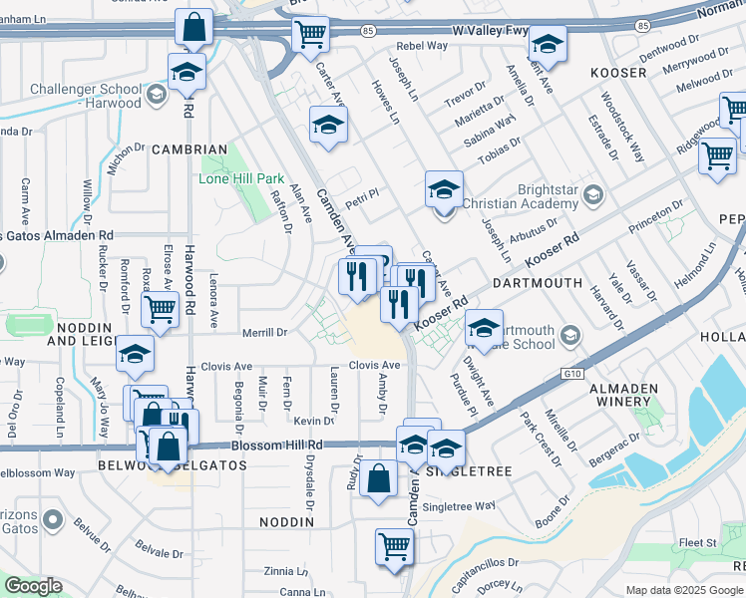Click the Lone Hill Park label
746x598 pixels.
tap(241, 178)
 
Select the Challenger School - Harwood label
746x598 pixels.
tap(85, 96)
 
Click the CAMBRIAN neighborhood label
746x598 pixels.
tap(189, 149)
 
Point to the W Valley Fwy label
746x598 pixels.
tap(490, 31)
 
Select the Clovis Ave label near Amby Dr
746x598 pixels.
tap(374, 366)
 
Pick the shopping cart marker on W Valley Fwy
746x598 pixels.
tap(310, 33)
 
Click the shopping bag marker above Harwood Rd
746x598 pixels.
tap(193, 27)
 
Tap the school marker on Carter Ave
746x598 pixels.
tap(327, 125)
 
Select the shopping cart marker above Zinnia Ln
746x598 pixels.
tap(394, 546)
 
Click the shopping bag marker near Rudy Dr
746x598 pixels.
tap(378, 478)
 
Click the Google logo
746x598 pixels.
tap(33, 586)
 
